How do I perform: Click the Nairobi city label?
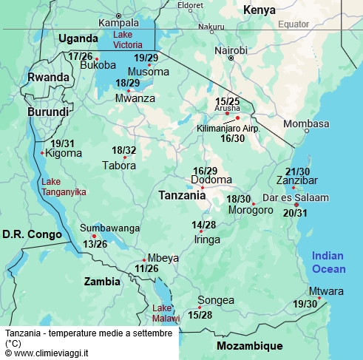click(230, 50)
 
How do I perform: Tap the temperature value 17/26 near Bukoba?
click(80, 56)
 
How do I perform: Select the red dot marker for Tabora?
click(125, 157)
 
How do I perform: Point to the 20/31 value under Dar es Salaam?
click(295, 213)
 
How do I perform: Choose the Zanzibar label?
click(296, 180)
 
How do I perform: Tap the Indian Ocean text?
click(328, 261)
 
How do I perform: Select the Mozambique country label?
click(249, 346)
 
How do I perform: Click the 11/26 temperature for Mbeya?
click(146, 268)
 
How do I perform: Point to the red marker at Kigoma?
click(43, 154)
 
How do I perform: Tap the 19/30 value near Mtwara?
click(305, 304)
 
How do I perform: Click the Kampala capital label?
click(118, 22)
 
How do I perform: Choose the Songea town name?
click(215, 300)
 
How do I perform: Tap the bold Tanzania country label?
click(182, 196)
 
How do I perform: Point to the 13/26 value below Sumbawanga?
click(95, 243)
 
